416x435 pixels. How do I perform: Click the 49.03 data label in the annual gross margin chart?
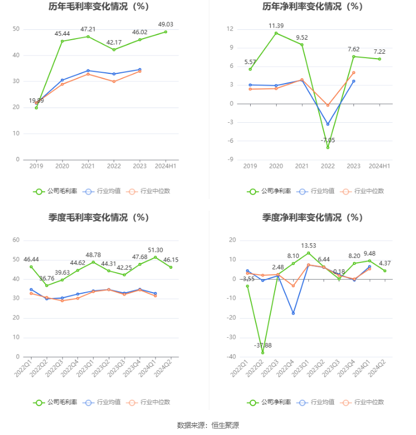(x=165, y=24)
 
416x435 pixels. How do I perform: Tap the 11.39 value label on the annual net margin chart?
(x=276, y=26)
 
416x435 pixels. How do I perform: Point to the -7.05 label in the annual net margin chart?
(x=327, y=140)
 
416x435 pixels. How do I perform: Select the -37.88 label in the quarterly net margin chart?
(x=263, y=345)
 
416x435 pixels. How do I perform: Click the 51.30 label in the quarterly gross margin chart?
(x=155, y=250)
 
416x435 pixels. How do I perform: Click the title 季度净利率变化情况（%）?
(x=312, y=217)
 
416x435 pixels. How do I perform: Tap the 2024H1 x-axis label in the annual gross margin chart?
(x=165, y=166)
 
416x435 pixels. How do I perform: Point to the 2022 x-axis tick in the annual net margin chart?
(x=327, y=166)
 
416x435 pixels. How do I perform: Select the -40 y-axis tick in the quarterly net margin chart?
(x=232, y=357)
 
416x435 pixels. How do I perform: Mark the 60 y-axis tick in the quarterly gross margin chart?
(x=16, y=240)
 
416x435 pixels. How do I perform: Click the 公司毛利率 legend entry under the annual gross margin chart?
(x=55, y=191)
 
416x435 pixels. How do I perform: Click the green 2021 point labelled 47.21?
(x=88, y=36)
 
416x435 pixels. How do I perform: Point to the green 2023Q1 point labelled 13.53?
(x=308, y=253)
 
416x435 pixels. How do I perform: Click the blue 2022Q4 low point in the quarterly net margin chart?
(x=293, y=313)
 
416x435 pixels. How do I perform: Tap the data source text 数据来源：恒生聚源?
(x=208, y=425)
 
